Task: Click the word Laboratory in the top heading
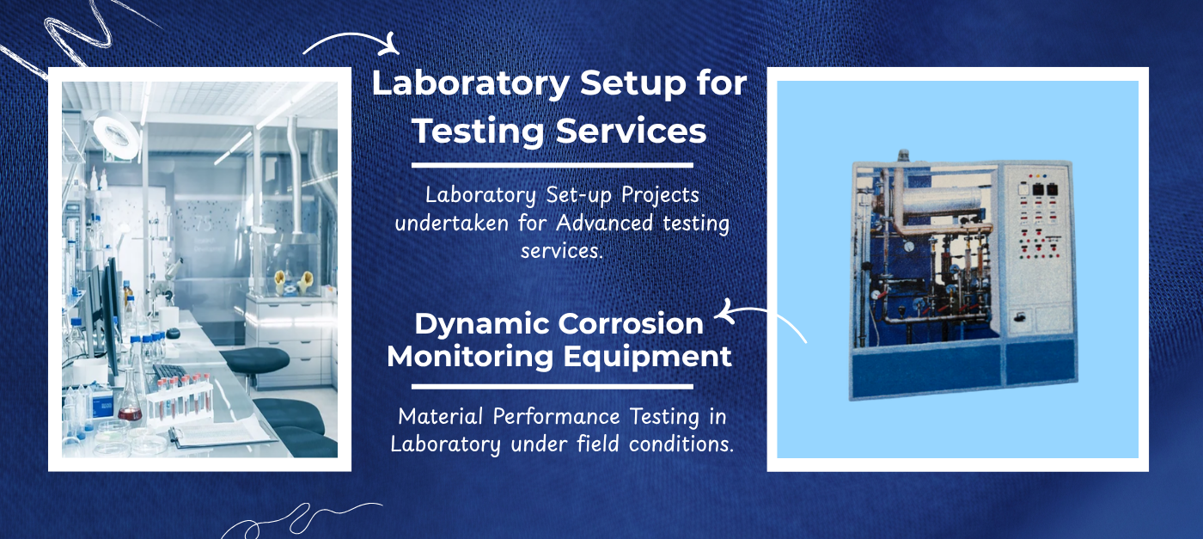tap(471, 84)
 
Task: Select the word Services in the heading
tap(631, 131)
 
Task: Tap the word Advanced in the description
tap(604, 223)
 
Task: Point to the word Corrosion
tap(631, 324)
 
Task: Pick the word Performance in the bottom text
tap(556, 416)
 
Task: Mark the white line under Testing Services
tap(552, 166)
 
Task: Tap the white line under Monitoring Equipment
tap(552, 386)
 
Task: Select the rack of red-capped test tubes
tap(180, 399)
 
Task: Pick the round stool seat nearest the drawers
tap(254, 359)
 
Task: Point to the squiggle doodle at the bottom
tap(301, 519)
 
